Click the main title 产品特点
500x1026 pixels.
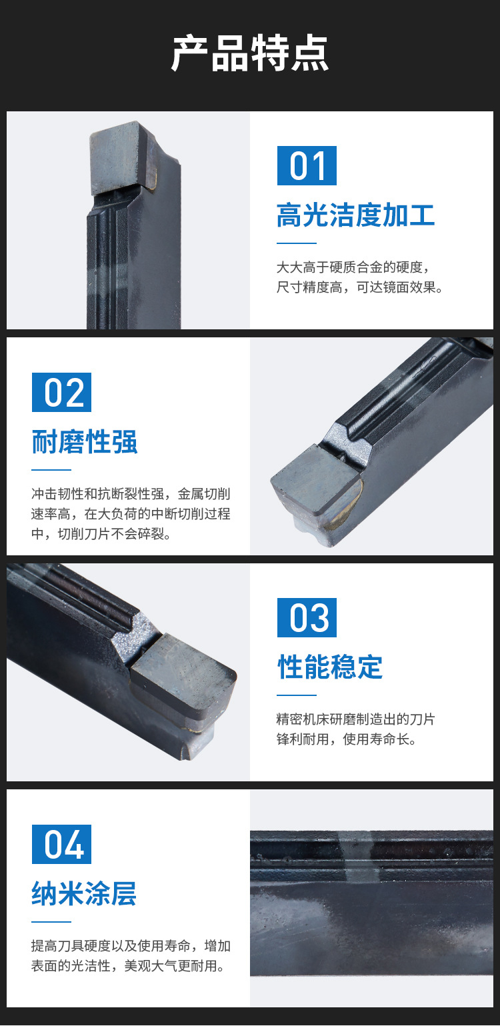click(x=250, y=53)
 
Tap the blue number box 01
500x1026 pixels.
click(x=307, y=165)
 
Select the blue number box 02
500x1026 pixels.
click(x=61, y=392)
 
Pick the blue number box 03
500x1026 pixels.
click(x=307, y=617)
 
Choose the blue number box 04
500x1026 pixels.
click(x=61, y=844)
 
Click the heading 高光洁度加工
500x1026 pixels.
click(x=356, y=215)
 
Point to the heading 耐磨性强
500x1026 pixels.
click(x=85, y=442)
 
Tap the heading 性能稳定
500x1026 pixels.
click(x=330, y=667)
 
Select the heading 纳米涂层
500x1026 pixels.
click(x=84, y=893)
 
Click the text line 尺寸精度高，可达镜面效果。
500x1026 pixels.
click(x=360, y=287)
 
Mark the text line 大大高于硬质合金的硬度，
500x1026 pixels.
click(x=353, y=267)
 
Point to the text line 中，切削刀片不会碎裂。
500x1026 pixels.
click(x=101, y=533)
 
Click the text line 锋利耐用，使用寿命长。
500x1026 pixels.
click(x=347, y=739)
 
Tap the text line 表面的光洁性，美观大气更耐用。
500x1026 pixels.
click(x=129, y=965)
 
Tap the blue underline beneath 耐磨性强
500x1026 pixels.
click(x=51, y=469)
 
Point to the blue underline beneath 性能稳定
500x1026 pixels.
click(x=297, y=695)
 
